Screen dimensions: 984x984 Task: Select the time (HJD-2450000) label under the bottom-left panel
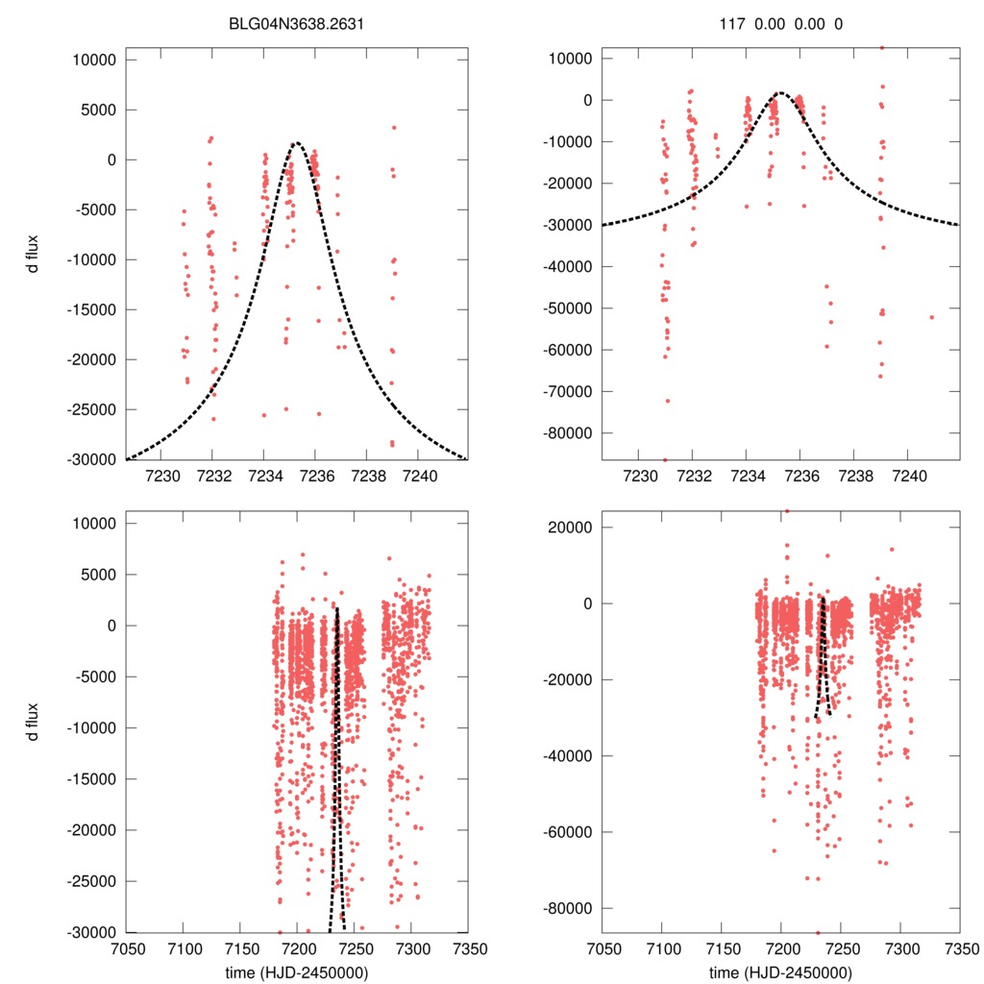click(297, 972)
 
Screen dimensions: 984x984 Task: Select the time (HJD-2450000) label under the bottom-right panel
click(781, 972)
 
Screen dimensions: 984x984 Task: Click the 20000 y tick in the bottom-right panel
click(573, 527)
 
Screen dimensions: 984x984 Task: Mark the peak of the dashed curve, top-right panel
click(780, 93)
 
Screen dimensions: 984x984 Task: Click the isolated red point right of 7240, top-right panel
click(931, 317)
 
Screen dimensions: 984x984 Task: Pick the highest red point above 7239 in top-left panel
click(394, 127)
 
